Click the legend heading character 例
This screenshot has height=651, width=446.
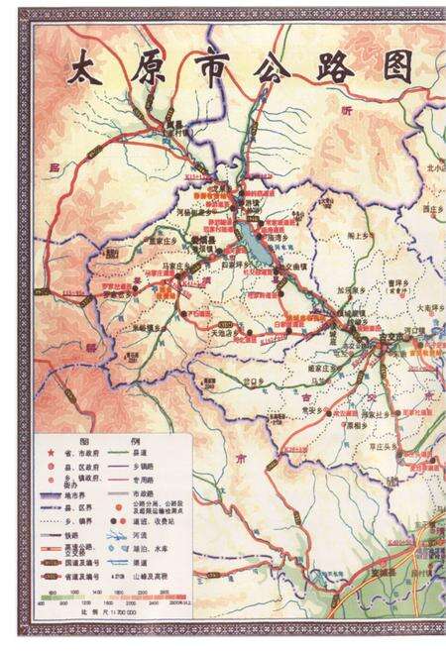(130, 440)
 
